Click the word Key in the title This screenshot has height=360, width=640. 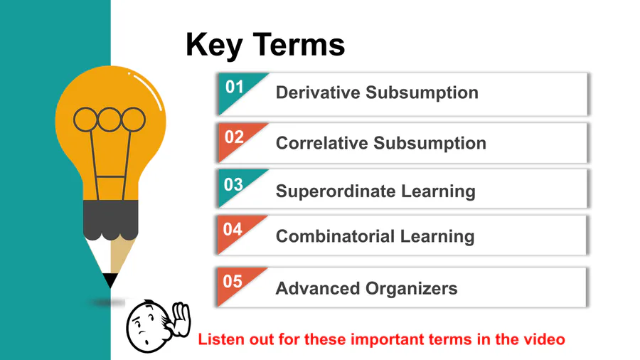tap(214, 46)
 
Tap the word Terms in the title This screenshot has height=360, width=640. tap(299, 45)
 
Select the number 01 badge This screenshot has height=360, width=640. tap(234, 87)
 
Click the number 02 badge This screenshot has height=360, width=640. tap(234, 137)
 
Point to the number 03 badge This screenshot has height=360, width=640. tap(233, 184)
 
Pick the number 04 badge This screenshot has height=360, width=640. tap(233, 229)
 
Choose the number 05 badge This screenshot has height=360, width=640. tap(233, 281)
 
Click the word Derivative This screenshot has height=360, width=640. tap(318, 92)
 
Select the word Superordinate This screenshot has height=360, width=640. tap(336, 191)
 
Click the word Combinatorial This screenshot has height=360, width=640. tap(335, 236)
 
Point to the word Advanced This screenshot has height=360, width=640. tap(318, 288)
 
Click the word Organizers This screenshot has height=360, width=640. tap(412, 289)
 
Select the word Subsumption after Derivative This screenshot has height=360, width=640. tap(422, 93)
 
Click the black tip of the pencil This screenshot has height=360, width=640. tap(110, 280)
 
